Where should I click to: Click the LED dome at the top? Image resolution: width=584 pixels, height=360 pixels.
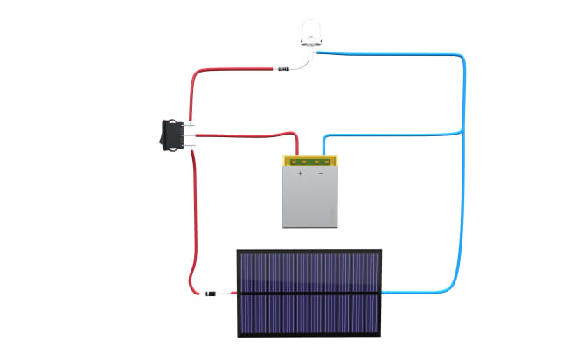(313, 31)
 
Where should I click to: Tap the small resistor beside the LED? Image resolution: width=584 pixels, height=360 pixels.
(282, 67)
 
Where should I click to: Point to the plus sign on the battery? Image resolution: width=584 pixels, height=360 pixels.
(300, 174)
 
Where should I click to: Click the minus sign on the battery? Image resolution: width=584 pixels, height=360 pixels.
(320, 174)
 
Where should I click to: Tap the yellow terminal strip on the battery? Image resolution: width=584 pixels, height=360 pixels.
(309, 161)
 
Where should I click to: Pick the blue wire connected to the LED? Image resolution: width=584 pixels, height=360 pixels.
(393, 55)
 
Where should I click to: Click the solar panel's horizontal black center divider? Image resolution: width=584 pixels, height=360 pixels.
(309, 294)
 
